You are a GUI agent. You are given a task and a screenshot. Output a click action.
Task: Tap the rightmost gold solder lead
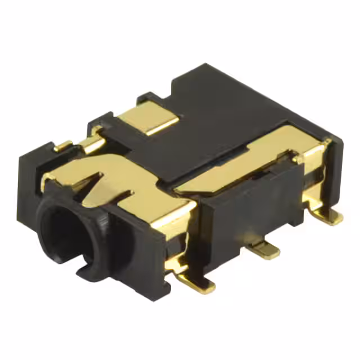click(x=329, y=216)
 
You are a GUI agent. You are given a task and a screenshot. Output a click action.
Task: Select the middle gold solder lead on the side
click(x=267, y=250)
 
